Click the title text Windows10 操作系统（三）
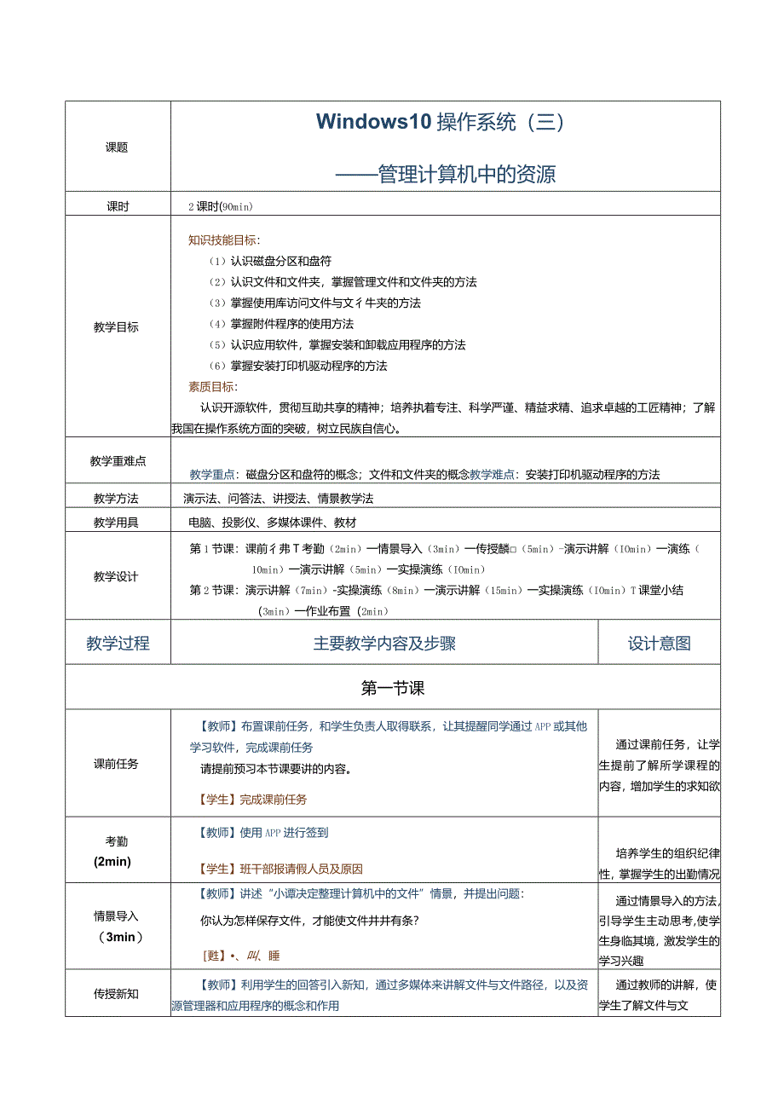441,122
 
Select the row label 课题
117,147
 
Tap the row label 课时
117,206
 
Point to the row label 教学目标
117,327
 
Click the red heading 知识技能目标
224,240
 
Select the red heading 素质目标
213,387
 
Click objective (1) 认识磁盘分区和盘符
270,261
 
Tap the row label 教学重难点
118,461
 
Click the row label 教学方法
117,499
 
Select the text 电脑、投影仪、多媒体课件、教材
273,523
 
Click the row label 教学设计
117,577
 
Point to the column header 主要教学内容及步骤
384,644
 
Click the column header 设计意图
659,644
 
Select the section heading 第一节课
393,688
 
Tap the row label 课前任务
117,764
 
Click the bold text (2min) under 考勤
112,862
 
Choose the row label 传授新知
117,994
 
